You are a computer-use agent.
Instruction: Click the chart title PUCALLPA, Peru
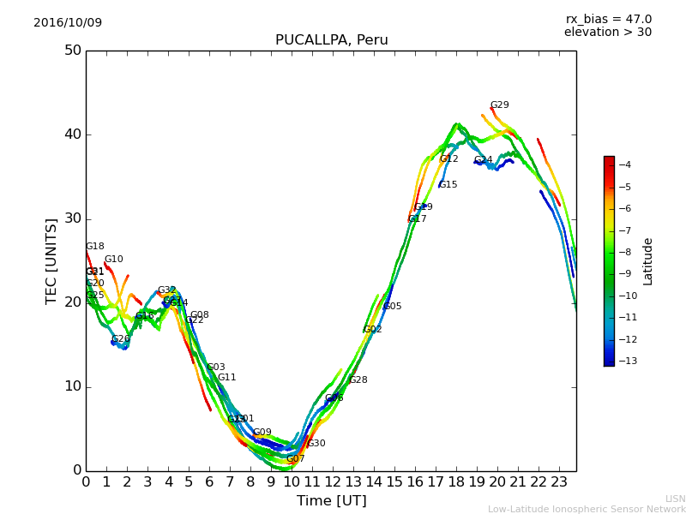click(331, 40)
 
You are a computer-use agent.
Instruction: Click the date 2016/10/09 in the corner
click(68, 22)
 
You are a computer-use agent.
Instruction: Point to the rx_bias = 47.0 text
click(608, 19)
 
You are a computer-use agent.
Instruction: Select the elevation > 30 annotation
click(607, 33)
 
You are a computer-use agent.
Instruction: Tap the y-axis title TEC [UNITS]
click(51, 260)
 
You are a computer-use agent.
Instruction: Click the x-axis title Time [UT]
click(331, 500)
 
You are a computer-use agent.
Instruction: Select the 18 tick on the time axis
click(456, 481)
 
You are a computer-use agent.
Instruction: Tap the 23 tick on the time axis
click(559, 481)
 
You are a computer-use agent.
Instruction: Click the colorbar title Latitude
click(648, 261)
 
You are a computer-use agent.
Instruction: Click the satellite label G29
click(499, 105)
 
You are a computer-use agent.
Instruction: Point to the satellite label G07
click(296, 459)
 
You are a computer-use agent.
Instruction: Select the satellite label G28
click(358, 380)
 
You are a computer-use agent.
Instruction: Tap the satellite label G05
click(392, 306)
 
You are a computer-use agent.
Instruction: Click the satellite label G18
click(94, 247)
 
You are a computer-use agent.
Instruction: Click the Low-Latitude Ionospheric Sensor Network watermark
click(587, 510)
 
